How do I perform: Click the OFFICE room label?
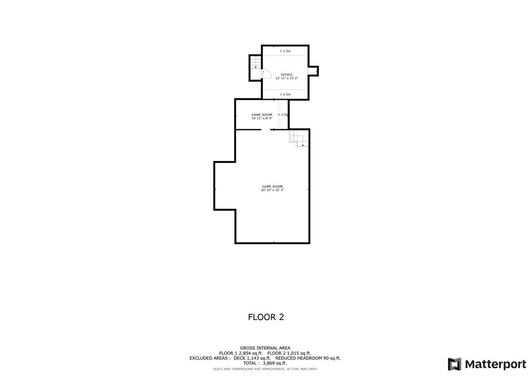click(x=287, y=74)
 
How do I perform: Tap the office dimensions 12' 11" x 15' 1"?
click(x=287, y=78)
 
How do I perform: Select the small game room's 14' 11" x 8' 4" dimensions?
click(x=262, y=118)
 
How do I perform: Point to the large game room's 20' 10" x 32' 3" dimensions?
click(x=272, y=190)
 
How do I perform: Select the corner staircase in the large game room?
click(x=297, y=139)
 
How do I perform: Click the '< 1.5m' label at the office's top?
click(x=285, y=51)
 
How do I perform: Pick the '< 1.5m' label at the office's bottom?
click(x=285, y=95)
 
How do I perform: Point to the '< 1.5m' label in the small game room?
click(x=283, y=114)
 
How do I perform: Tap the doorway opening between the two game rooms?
click(x=265, y=130)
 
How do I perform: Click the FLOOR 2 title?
click(x=265, y=317)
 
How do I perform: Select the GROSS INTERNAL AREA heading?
click(x=265, y=348)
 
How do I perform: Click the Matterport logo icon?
click(x=455, y=364)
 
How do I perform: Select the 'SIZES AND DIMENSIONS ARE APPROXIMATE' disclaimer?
click(x=265, y=369)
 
